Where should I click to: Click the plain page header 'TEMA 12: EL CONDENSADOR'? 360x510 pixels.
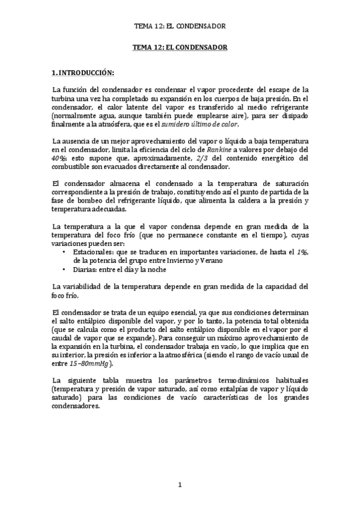click(180, 26)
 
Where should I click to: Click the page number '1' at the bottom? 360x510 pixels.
click(180, 485)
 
